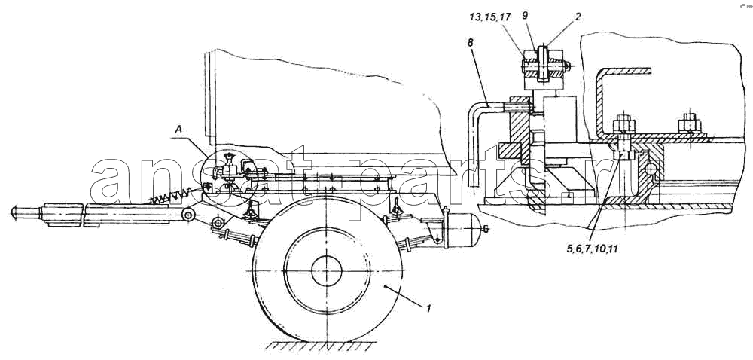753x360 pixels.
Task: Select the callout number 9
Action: [525, 17]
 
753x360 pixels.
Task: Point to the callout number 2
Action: [578, 17]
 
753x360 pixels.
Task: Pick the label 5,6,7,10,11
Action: [591, 249]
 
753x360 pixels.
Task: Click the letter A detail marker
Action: [178, 129]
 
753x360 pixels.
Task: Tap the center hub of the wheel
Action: [327, 270]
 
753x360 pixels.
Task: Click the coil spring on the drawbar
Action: [176, 194]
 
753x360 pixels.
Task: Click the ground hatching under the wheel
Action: [319, 346]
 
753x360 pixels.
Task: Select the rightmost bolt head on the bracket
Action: [690, 123]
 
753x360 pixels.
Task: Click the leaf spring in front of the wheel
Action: [234, 233]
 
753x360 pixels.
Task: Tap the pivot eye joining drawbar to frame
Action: [188, 215]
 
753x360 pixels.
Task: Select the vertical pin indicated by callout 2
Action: [543, 64]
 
